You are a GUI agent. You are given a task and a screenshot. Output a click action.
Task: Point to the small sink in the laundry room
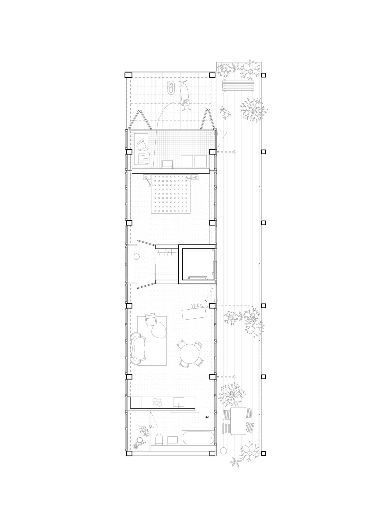click(168, 164)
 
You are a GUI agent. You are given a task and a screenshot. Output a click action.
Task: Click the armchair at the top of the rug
click(151, 320)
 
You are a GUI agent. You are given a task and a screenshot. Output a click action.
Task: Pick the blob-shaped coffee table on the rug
click(158, 331)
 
